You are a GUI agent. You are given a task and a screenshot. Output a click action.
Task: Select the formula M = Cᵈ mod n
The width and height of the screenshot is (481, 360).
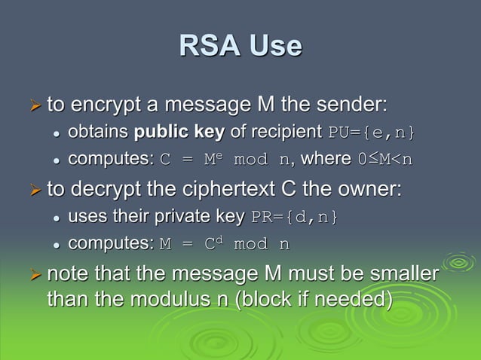(225, 244)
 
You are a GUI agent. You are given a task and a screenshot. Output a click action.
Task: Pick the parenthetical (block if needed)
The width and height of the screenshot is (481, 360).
(314, 299)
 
